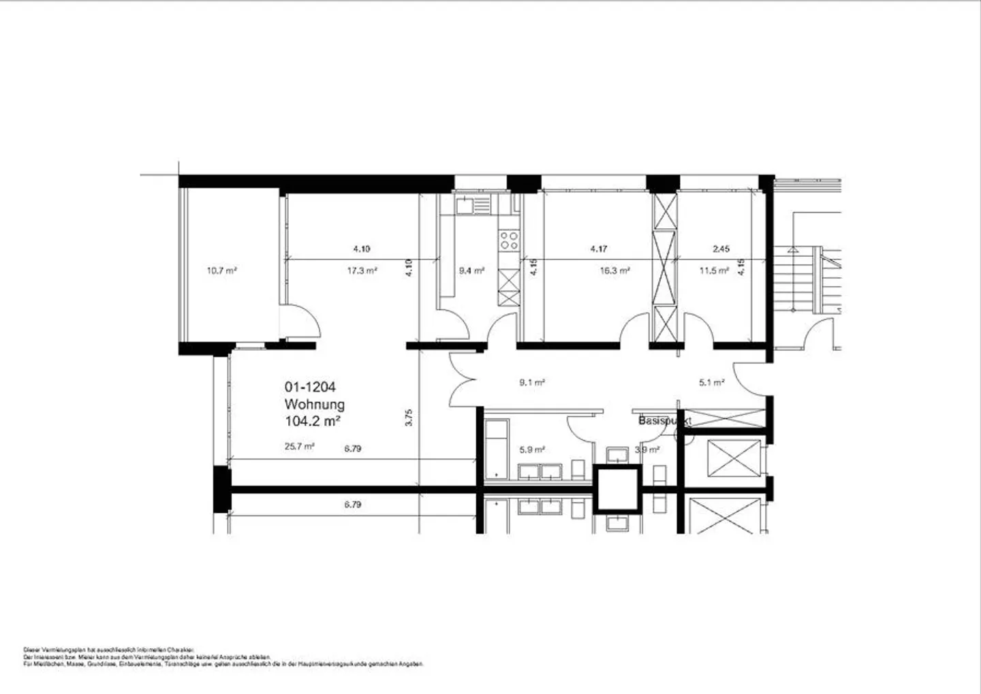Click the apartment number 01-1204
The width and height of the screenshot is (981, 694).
tap(310, 388)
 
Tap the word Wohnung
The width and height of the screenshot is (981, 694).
tap(314, 405)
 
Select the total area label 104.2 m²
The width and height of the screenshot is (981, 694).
tap(312, 422)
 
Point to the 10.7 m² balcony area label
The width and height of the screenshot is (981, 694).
tap(221, 270)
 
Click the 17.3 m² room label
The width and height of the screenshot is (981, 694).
tap(362, 270)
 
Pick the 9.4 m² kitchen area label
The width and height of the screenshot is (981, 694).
tap(471, 270)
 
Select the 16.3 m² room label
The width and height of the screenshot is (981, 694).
tap(614, 270)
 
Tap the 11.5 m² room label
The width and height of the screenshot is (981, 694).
tap(714, 270)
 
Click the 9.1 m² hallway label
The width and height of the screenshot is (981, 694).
tap(531, 383)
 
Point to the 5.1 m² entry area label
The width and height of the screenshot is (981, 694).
tap(711, 383)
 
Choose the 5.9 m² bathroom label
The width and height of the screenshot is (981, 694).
tap(531, 449)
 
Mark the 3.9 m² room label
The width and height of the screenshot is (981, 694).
tap(647, 449)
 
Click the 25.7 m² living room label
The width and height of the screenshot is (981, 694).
tap(299, 447)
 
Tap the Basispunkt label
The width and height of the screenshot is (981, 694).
tap(665, 421)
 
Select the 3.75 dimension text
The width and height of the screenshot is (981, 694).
tap(409, 417)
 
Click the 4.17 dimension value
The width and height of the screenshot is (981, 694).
tap(599, 249)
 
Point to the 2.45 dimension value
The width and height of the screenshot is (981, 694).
tap(721, 249)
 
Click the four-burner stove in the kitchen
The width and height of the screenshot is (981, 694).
tap(509, 239)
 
